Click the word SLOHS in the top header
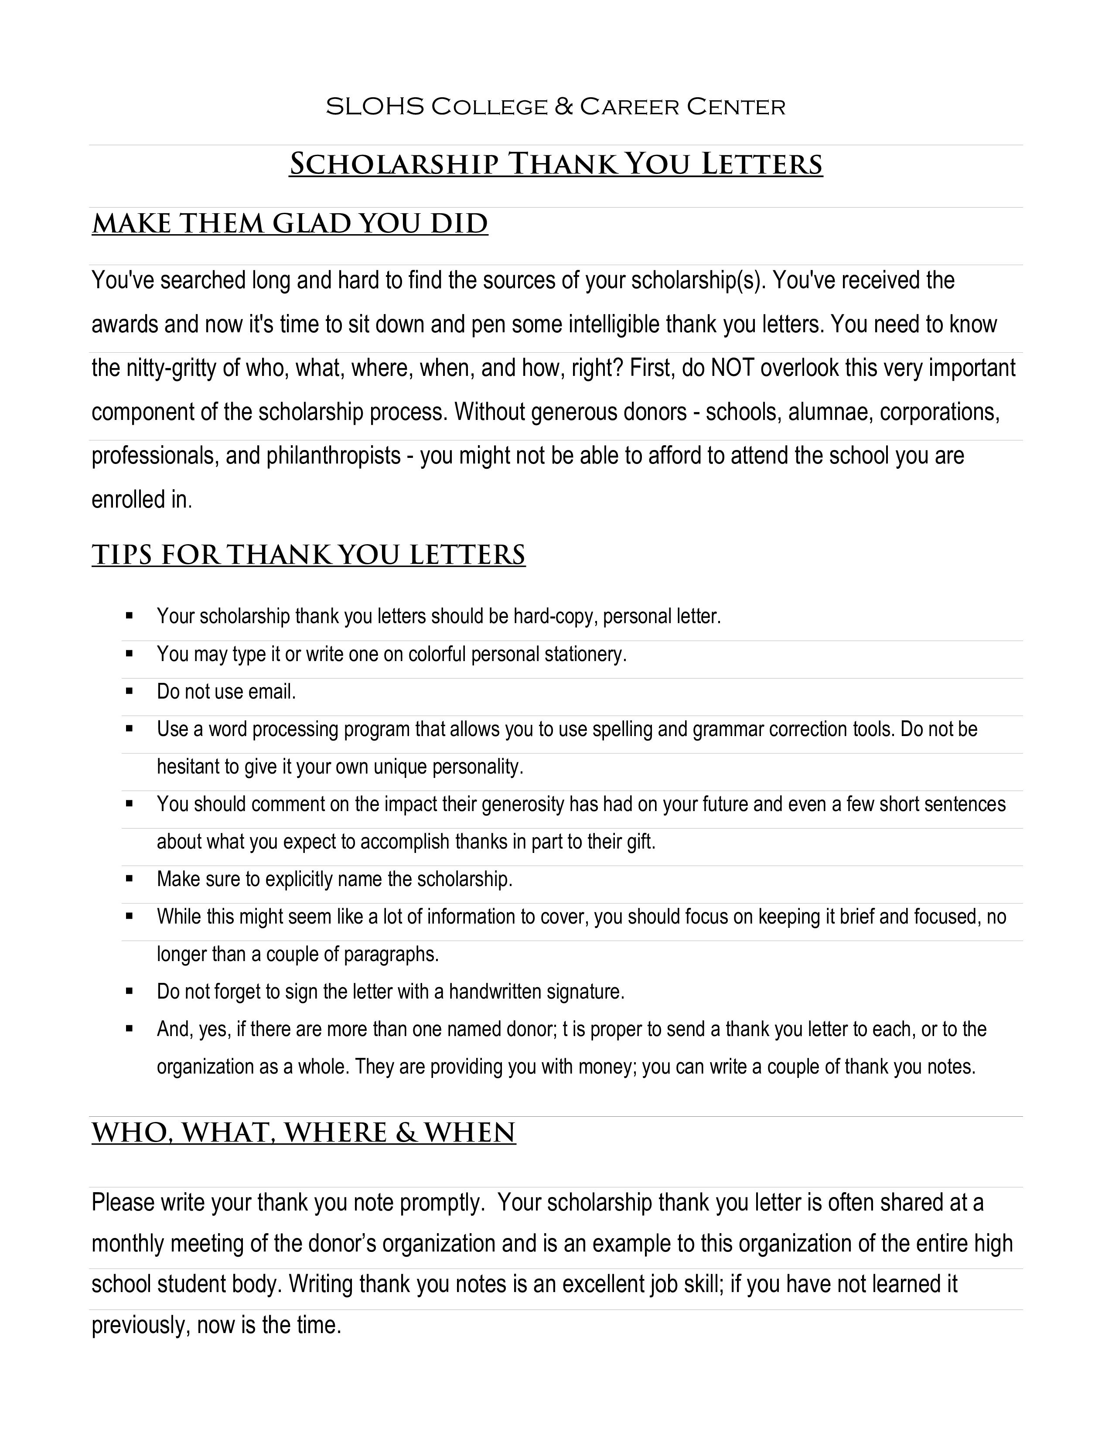[374, 107]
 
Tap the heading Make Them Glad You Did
[290, 224]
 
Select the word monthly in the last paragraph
[128, 1243]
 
